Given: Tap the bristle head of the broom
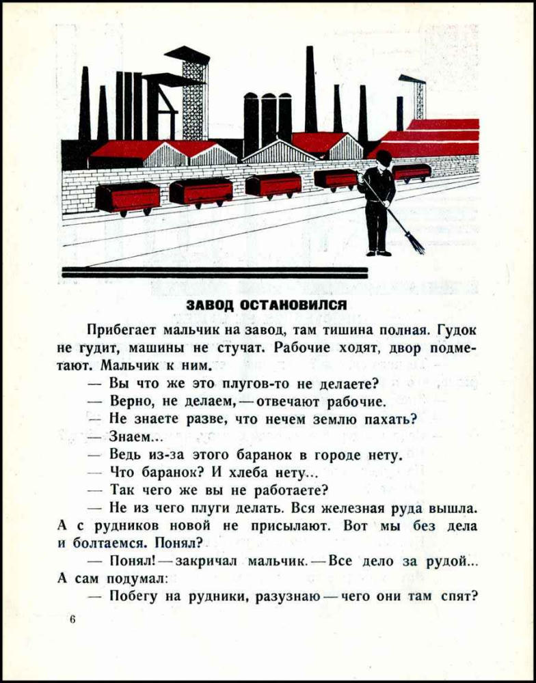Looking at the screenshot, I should point(415,242).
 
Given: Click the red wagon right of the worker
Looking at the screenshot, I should point(412,172).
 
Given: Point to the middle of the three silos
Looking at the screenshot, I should point(269,117).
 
